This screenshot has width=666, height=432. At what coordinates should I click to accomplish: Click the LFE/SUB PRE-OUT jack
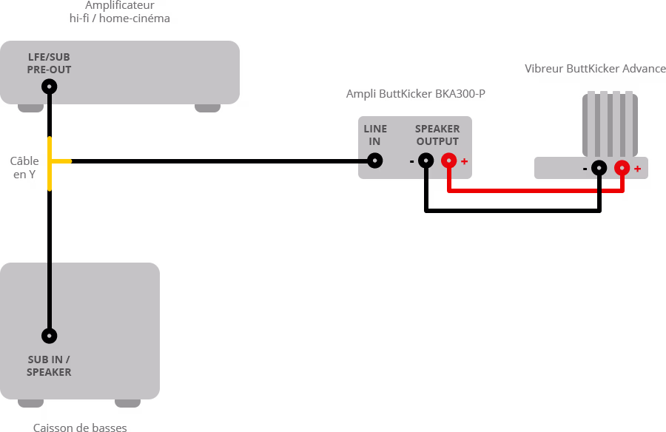click(50, 87)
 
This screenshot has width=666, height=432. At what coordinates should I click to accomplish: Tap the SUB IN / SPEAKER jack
click(50, 336)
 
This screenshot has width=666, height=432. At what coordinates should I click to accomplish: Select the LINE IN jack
click(375, 161)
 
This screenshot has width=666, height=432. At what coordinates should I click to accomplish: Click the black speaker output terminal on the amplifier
click(425, 161)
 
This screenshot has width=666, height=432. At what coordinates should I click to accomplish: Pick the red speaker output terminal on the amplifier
click(449, 161)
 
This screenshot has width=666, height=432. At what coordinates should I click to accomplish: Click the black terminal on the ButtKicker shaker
click(599, 168)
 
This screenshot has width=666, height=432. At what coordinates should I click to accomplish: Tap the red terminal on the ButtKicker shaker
click(622, 168)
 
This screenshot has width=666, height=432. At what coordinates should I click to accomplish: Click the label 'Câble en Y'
click(24, 168)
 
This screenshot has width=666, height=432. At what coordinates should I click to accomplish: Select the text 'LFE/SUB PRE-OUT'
click(49, 64)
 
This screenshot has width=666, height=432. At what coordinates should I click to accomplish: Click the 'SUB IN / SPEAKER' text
click(49, 366)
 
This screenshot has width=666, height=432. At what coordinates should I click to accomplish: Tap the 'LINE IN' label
click(375, 135)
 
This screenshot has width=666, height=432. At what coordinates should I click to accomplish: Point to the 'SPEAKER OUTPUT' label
click(437, 135)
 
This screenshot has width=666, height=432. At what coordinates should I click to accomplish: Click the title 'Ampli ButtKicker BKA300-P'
click(416, 94)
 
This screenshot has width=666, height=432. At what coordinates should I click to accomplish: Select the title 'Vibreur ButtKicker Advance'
click(595, 69)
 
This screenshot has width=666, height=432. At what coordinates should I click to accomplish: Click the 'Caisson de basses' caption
click(80, 427)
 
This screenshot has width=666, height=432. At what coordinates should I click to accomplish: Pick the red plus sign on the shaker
click(637, 169)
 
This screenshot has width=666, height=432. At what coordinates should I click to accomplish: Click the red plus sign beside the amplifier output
click(464, 161)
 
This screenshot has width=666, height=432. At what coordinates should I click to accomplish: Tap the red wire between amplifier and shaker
click(533, 191)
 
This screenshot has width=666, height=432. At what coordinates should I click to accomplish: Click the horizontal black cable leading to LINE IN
click(222, 161)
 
